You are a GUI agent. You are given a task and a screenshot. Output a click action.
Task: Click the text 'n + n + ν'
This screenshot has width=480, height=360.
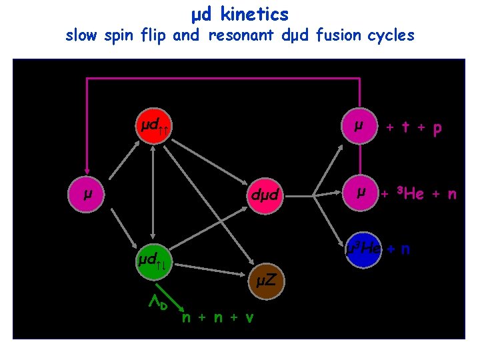217,317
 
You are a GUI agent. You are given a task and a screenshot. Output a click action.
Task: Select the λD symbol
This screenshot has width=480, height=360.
157,304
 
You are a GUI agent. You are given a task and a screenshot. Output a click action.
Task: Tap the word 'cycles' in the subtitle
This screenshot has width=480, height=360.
391,35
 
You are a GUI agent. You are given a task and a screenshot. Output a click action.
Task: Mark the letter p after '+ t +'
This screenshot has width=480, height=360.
437,129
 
